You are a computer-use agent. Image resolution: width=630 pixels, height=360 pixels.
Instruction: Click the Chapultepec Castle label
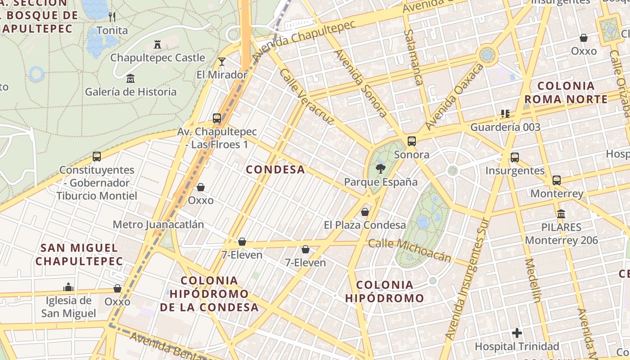[x=157, y=58]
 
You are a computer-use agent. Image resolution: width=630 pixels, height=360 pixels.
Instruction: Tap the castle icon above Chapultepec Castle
[x=157, y=45]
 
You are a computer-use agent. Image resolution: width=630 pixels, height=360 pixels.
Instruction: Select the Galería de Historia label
[x=131, y=92]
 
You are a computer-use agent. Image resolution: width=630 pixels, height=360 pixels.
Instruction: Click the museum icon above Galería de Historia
[x=130, y=79]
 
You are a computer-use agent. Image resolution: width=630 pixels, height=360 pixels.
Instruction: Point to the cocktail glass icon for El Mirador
[x=221, y=62]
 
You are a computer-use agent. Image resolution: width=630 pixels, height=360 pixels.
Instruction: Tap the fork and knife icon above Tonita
[x=112, y=17]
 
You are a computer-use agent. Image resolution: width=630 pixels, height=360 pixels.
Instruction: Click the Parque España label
[x=381, y=182]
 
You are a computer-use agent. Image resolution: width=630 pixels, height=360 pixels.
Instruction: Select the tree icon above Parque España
[x=381, y=169]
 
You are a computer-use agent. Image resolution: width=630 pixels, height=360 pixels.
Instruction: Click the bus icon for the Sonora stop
[x=412, y=141]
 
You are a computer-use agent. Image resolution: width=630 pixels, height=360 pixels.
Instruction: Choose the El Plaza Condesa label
[x=365, y=225]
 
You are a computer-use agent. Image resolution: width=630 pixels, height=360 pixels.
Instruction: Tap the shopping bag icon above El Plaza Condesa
[x=365, y=211]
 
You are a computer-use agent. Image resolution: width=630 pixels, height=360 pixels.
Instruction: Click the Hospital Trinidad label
[x=517, y=346]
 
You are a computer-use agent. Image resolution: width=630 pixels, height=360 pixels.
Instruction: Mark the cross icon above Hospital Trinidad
[x=517, y=333]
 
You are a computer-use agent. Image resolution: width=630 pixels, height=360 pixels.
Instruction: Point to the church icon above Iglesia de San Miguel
[x=68, y=287]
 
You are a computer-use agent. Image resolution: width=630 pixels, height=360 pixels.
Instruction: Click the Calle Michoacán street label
[x=409, y=250]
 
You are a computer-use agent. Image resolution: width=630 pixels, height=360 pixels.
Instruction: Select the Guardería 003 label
[x=505, y=127]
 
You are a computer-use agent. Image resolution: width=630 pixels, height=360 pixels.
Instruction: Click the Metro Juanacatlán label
[x=158, y=225]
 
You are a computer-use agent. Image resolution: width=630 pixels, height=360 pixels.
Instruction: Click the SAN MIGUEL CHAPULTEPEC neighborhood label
[x=79, y=254]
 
